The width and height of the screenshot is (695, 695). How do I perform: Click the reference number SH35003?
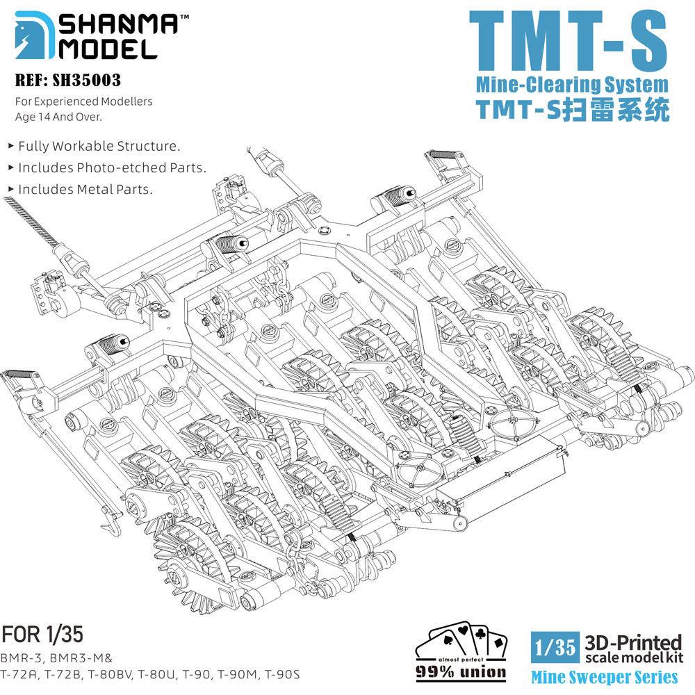(x=86, y=80)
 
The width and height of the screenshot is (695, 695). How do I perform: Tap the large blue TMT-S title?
(x=569, y=41)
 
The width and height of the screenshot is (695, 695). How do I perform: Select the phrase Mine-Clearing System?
(x=572, y=84)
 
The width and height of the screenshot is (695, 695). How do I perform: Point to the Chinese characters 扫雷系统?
(x=616, y=110)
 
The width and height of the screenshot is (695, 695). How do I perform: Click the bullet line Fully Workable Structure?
(x=95, y=146)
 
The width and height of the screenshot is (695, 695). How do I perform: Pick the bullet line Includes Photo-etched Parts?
(x=107, y=167)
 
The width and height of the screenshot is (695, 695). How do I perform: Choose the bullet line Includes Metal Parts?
(x=81, y=189)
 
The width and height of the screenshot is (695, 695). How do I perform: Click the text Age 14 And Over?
(x=58, y=117)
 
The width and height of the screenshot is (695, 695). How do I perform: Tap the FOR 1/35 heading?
(x=42, y=635)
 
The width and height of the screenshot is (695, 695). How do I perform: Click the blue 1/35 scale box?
(x=555, y=647)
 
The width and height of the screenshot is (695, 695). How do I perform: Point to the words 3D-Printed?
(x=633, y=642)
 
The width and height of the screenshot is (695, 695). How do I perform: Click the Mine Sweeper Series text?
(x=605, y=677)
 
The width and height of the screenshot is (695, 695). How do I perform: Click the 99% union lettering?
(x=461, y=672)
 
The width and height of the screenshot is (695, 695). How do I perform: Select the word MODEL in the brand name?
(x=108, y=49)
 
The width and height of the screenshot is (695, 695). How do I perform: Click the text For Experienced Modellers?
(x=84, y=101)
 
